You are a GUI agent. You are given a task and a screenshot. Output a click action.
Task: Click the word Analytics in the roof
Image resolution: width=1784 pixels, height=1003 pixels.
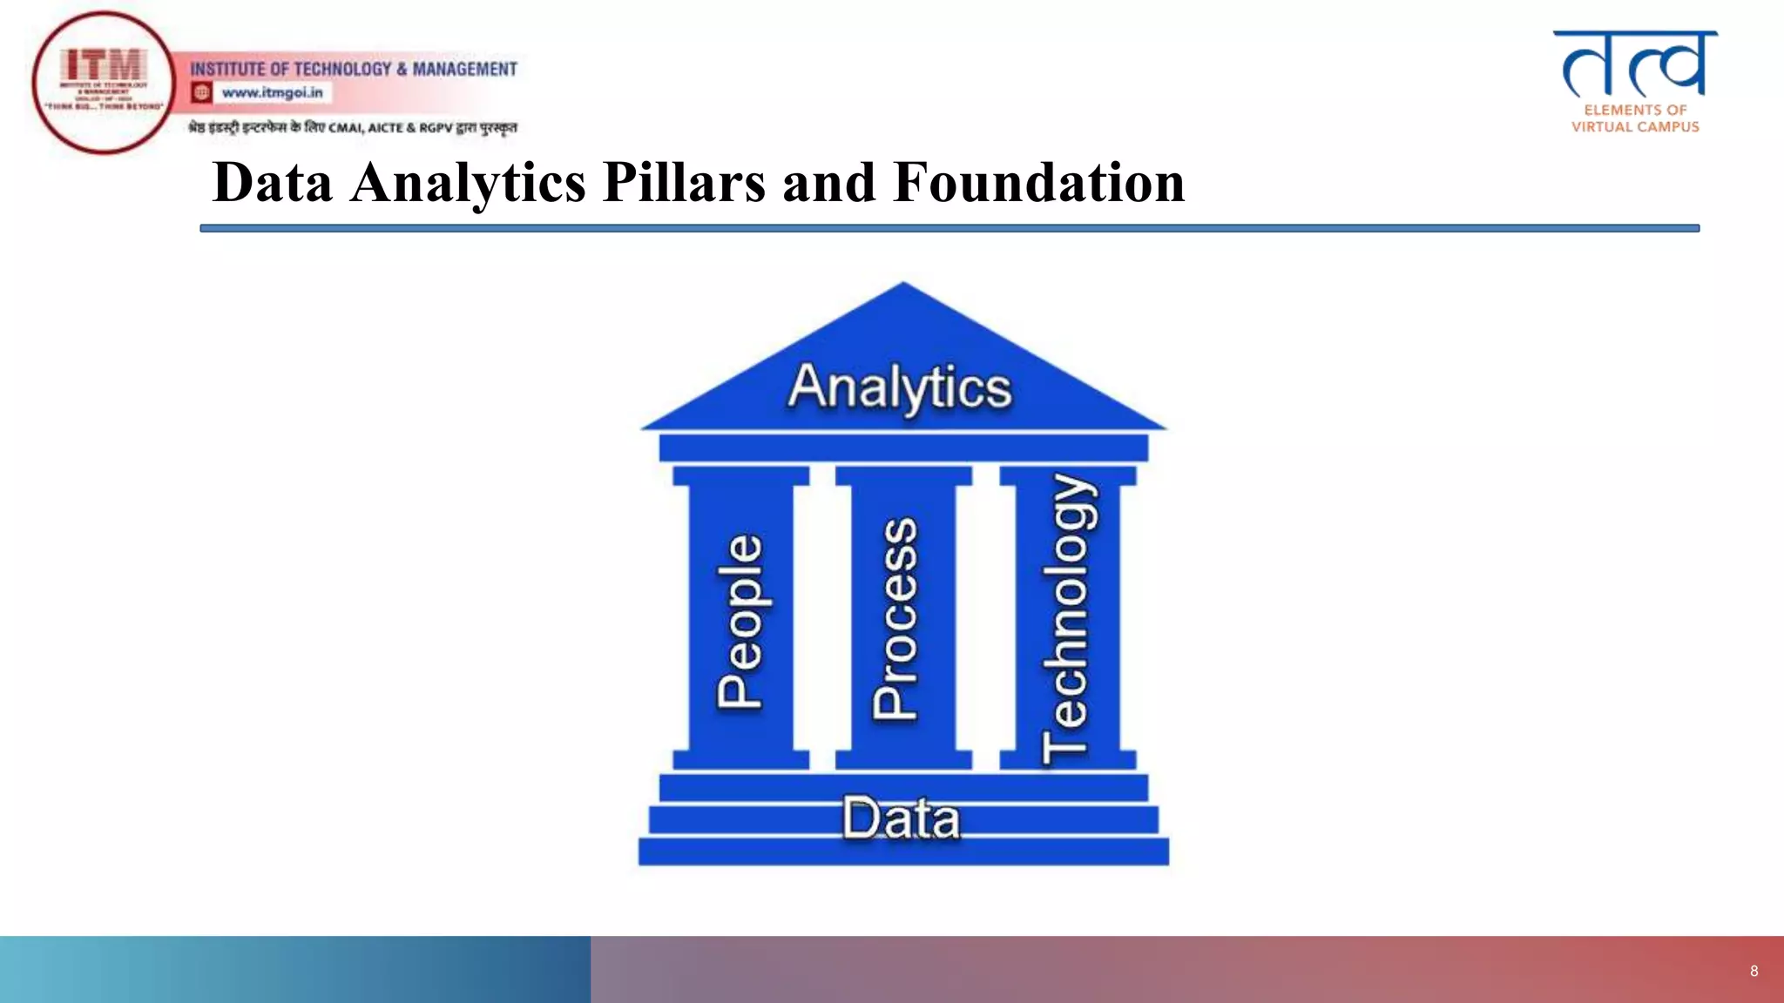tap(900, 387)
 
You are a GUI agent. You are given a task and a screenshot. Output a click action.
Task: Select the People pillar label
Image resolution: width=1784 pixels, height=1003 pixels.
tap(740, 620)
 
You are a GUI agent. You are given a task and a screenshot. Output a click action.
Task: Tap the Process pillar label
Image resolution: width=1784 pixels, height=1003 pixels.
tap(895, 618)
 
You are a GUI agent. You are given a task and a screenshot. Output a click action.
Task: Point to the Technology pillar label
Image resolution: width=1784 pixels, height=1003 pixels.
tap(1067, 618)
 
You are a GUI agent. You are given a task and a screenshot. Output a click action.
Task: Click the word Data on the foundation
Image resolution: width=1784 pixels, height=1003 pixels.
tap(901, 818)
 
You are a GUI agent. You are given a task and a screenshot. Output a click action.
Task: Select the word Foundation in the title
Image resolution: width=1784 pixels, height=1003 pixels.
tap(1038, 183)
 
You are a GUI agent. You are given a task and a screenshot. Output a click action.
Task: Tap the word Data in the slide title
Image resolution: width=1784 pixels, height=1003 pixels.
tap(273, 183)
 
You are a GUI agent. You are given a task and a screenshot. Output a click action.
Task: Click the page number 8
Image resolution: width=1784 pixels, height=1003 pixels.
tap(1754, 971)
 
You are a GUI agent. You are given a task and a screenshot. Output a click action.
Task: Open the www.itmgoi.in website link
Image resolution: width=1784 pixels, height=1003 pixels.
tap(272, 92)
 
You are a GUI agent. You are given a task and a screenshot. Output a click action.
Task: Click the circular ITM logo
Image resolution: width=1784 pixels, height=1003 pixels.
tap(104, 83)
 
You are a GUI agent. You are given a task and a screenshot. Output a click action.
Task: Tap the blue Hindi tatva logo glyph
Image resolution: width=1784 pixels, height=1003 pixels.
tap(1634, 64)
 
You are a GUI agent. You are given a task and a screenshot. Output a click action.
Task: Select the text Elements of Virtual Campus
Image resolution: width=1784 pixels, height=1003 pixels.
tap(1635, 118)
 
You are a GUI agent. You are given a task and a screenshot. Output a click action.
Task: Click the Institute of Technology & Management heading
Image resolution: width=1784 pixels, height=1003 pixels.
tap(354, 69)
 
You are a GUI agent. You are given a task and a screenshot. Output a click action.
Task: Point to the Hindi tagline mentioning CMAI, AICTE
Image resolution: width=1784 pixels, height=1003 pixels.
tap(353, 128)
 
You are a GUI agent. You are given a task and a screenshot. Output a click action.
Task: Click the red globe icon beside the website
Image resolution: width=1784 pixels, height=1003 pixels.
tap(202, 92)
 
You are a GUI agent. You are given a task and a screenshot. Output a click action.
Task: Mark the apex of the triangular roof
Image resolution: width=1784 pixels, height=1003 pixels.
tap(903, 286)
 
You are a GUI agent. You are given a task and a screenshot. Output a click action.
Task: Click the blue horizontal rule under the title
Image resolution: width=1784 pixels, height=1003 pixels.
tap(949, 228)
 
